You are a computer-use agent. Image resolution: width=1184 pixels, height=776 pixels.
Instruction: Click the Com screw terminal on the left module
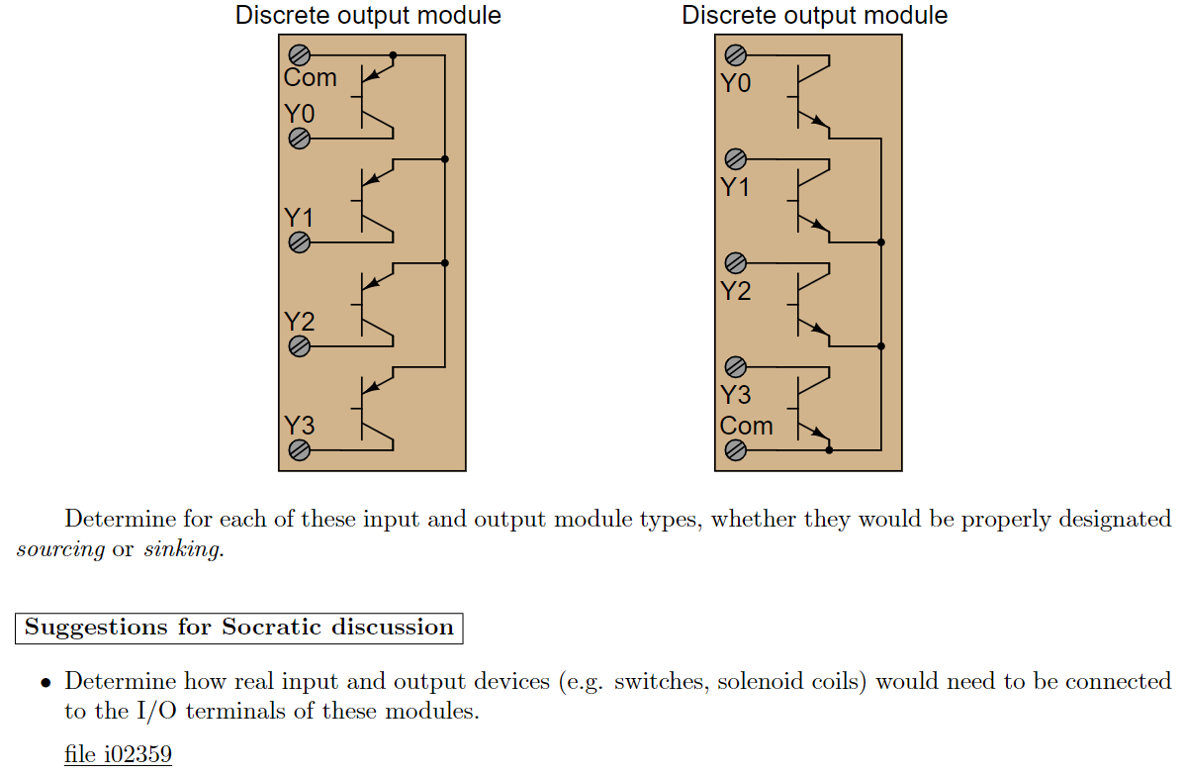coord(299,54)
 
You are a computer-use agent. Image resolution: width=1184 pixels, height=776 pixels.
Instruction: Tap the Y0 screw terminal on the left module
coord(299,139)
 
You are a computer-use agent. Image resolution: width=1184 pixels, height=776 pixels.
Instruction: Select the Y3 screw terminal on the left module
coord(299,450)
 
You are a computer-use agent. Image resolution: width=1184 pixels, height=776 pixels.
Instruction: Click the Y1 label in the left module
coord(299,217)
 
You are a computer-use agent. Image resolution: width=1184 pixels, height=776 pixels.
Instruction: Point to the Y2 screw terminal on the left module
coord(299,346)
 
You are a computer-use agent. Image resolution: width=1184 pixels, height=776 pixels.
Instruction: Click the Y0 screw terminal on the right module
coord(735,54)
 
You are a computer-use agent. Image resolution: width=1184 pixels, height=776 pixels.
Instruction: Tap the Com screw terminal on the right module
coord(735,450)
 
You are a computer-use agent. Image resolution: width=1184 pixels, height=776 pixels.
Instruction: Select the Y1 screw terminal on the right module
coord(735,158)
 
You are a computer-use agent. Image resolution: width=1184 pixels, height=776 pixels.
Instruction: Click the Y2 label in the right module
coord(735,291)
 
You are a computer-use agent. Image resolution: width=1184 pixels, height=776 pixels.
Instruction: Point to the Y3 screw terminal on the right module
coord(735,366)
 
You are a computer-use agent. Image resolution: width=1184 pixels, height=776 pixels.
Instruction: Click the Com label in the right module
coord(746,426)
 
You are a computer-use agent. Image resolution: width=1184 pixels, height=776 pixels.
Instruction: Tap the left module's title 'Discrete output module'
coord(368,16)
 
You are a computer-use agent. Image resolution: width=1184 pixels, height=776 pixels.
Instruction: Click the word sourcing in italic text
coord(60,549)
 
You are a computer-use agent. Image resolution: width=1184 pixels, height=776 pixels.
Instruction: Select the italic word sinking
coord(183,549)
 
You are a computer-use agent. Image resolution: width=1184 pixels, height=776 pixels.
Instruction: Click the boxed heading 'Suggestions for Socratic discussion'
coord(238,628)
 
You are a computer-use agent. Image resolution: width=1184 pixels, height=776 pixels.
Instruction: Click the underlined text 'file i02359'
coord(118,754)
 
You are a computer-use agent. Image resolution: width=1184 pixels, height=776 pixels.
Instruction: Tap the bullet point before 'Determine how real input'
coord(46,683)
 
